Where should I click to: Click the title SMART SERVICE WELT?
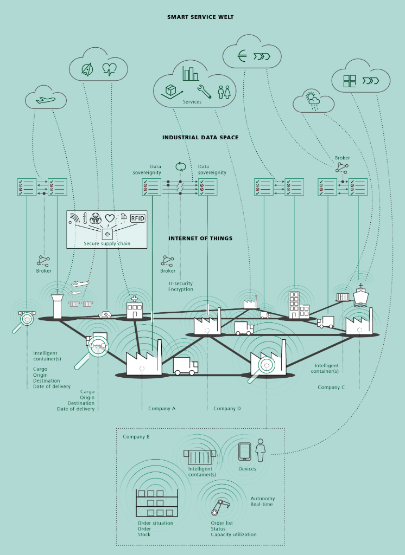coord(200,17)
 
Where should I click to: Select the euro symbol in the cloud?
coord(243,56)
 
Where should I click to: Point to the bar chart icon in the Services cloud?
coord(190,74)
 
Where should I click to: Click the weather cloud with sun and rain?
coord(313,101)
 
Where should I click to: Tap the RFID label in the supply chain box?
coord(138,218)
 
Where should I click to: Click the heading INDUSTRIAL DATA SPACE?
coord(200,138)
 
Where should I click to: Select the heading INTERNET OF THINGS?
coord(200,238)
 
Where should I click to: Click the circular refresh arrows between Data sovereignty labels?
coord(180,166)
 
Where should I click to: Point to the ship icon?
coord(360,295)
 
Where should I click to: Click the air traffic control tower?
coord(57,305)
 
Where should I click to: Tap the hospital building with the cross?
coord(134,308)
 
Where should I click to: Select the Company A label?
coord(162,409)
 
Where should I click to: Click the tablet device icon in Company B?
coord(245,451)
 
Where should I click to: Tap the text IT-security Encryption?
coord(180,287)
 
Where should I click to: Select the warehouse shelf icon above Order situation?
coord(157,504)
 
